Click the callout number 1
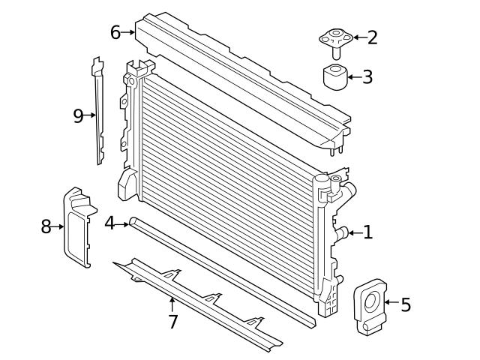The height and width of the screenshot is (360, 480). [368, 232]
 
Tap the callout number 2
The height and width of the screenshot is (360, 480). [372, 37]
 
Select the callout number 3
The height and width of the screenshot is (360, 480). [367, 76]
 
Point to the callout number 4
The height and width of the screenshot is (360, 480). [109, 223]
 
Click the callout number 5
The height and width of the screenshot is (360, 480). [406, 304]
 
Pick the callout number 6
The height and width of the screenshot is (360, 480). [115, 32]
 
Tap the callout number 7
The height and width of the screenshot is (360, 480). [173, 322]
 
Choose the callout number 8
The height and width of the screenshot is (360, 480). [46, 226]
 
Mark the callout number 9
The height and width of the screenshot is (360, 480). [78, 115]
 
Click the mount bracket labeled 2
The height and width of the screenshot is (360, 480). [336, 42]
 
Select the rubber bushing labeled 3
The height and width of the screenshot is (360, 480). [335, 76]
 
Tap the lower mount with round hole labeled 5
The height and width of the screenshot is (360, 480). [370, 307]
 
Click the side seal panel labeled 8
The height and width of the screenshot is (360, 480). [76, 227]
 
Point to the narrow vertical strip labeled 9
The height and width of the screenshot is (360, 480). [98, 110]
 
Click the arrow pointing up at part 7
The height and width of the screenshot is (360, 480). [172, 304]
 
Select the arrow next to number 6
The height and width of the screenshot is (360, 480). [127, 32]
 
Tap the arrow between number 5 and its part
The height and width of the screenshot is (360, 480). [391, 302]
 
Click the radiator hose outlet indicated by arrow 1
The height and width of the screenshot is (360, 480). [342, 233]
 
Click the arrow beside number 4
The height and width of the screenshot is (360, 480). [121, 224]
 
